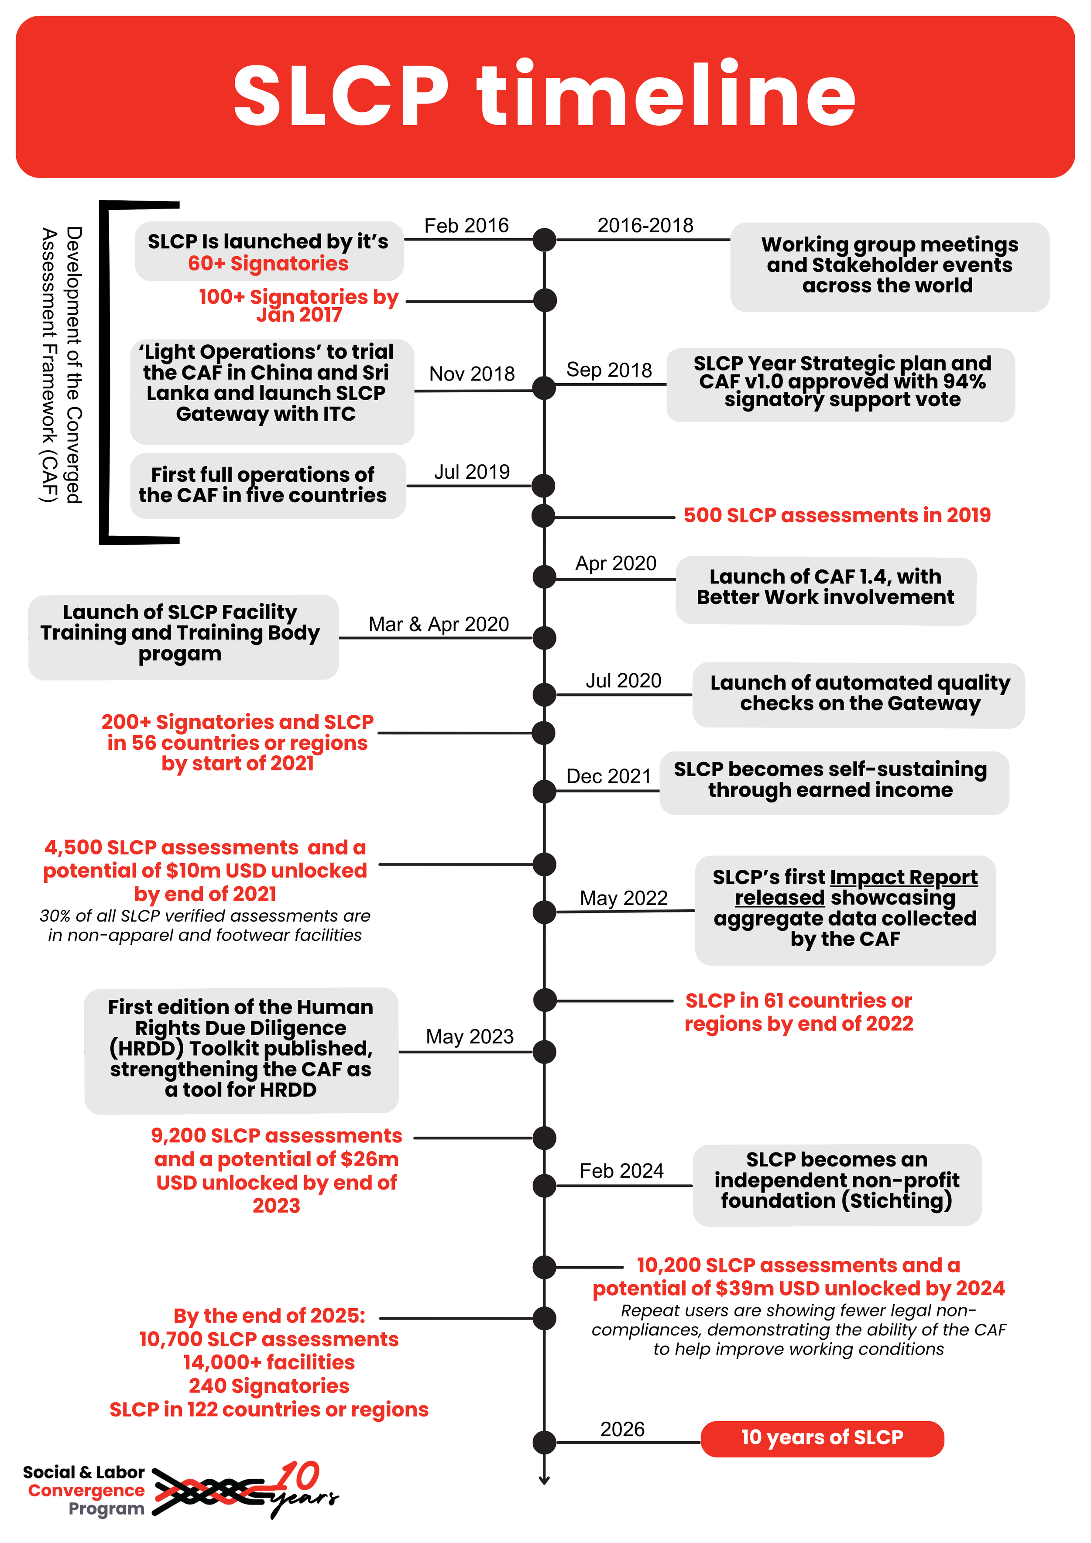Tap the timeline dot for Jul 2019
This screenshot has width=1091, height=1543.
pyautogui.click(x=543, y=485)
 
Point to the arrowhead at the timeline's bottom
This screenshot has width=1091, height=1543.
pyautogui.click(x=544, y=1480)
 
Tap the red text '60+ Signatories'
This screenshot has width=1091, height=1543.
pyautogui.click(x=268, y=264)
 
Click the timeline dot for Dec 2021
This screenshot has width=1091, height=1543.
pyautogui.click(x=544, y=792)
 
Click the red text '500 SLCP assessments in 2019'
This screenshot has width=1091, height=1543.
pyautogui.click(x=837, y=515)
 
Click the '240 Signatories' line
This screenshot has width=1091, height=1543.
pyautogui.click(x=269, y=1386)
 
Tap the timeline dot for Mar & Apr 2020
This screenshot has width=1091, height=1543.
pyautogui.click(x=544, y=638)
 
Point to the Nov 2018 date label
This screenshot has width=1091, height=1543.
pyautogui.click(x=472, y=374)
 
